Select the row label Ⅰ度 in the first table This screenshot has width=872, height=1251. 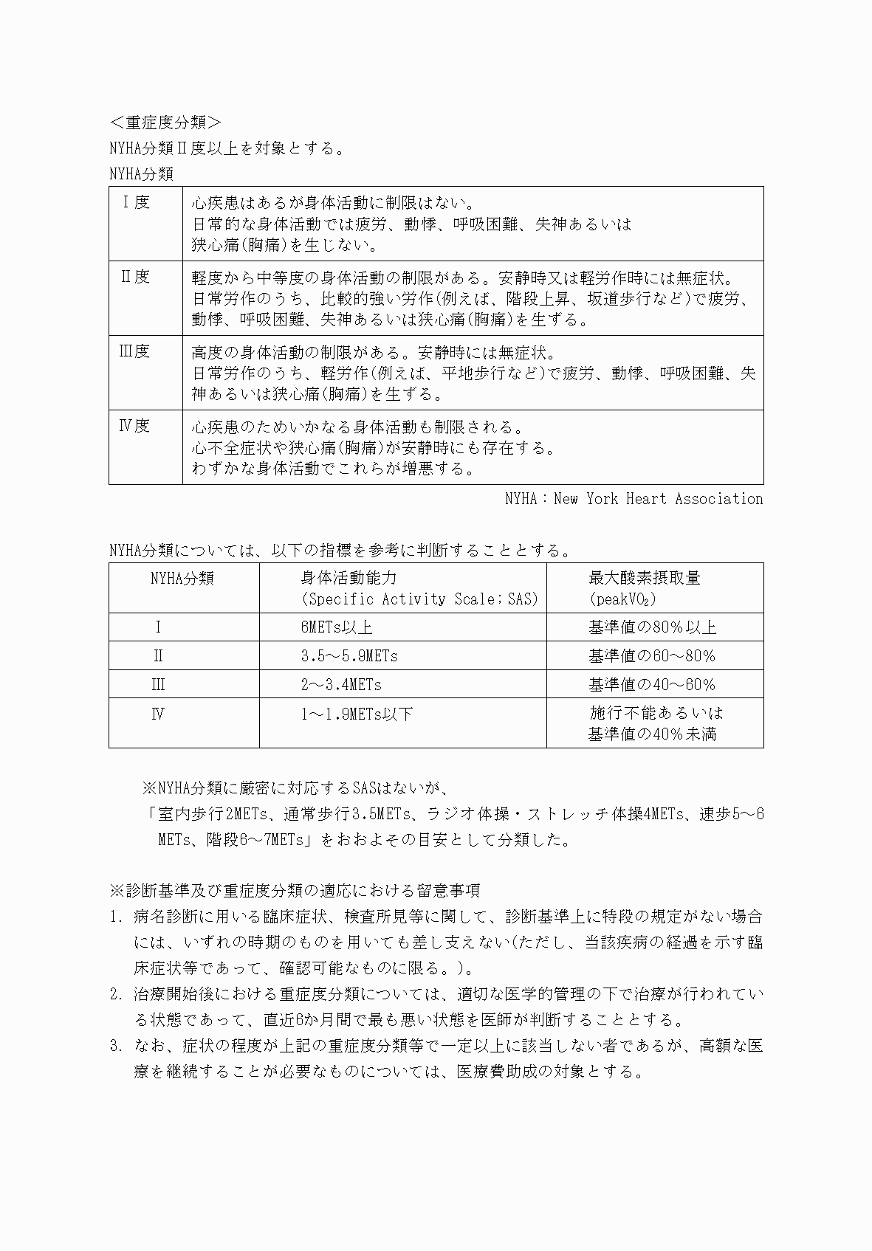[x=136, y=202]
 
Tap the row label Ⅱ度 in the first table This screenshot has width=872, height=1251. [x=136, y=277]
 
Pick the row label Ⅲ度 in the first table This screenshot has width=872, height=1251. [x=134, y=351]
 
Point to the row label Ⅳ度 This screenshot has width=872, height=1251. [x=134, y=426]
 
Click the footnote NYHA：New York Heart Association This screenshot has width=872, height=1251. [x=634, y=499]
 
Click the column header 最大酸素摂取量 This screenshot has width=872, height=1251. [x=644, y=578]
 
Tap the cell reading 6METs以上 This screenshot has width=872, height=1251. [x=336, y=627]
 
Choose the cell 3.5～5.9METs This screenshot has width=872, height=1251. [x=349, y=656]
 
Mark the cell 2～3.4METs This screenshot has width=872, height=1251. [x=340, y=685]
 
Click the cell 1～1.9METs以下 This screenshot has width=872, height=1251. [x=357, y=714]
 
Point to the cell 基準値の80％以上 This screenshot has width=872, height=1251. [x=652, y=627]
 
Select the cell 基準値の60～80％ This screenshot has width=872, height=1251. [x=652, y=656]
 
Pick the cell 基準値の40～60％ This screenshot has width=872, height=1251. [x=652, y=685]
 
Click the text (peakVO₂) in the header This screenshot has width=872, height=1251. [x=622, y=599]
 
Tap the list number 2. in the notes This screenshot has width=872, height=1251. [x=116, y=994]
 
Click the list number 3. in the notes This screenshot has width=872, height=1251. [x=116, y=1046]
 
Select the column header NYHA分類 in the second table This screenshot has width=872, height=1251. [x=182, y=578]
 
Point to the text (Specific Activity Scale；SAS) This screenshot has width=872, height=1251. [x=419, y=599]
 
